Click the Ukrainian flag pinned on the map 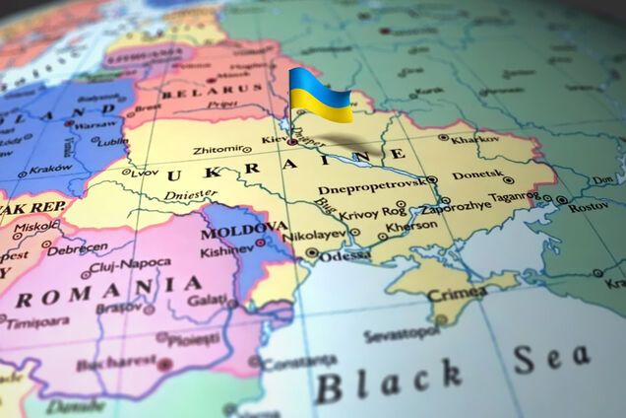pyautogui.click(x=321, y=95)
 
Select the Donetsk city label pyautogui.click(x=476, y=175)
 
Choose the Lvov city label pyautogui.click(x=146, y=172)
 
